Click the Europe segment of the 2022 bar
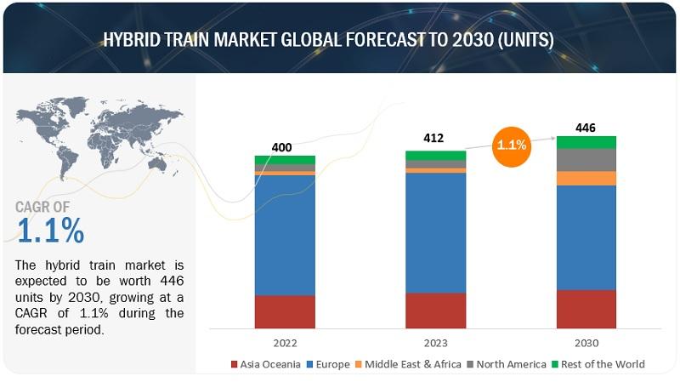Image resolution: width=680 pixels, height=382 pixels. coord(285,236)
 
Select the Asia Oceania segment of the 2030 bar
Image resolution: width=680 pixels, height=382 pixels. coord(586,309)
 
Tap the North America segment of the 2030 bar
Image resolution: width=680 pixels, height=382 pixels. coord(586,160)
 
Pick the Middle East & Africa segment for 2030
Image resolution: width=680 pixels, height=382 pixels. coord(586,179)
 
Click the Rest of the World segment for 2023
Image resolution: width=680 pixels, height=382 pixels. coord(436,156)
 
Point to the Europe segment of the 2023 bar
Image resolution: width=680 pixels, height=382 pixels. coord(436,233)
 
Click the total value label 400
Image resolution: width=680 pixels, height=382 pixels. coord(282,147)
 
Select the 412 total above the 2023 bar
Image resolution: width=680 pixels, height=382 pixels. coord(433,138)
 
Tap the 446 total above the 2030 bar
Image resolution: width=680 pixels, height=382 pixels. coord(586,128)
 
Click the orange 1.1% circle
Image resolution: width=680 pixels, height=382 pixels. coord(512,146)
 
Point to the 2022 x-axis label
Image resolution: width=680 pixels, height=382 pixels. coord(285,343)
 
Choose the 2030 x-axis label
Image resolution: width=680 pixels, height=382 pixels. coord(586,343)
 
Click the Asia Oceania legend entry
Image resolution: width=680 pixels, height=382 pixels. coord(266,364)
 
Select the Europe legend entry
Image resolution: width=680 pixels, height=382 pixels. coord(328,364)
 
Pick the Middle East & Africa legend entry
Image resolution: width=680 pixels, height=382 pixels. coord(408,364)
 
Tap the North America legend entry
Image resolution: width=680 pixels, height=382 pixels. coord(507,364)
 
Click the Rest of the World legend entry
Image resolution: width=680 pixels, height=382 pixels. coord(598,364)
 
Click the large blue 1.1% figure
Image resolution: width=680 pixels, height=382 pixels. coord(51,231)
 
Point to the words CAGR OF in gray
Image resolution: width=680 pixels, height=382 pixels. coord(42,207)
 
